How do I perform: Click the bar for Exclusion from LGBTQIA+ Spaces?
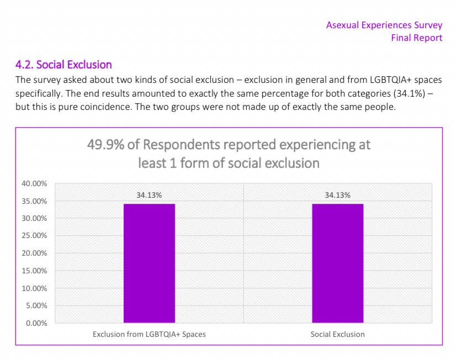149,263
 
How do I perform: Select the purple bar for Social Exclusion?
337,263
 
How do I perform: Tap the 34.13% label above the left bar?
149,195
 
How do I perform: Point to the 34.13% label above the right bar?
337,195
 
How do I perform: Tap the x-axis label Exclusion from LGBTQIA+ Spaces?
149,334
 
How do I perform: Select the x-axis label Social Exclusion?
337,334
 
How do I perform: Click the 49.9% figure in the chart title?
105,145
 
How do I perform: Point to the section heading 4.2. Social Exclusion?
63,65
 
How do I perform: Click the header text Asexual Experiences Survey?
384,25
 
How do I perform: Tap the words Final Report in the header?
416,38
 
